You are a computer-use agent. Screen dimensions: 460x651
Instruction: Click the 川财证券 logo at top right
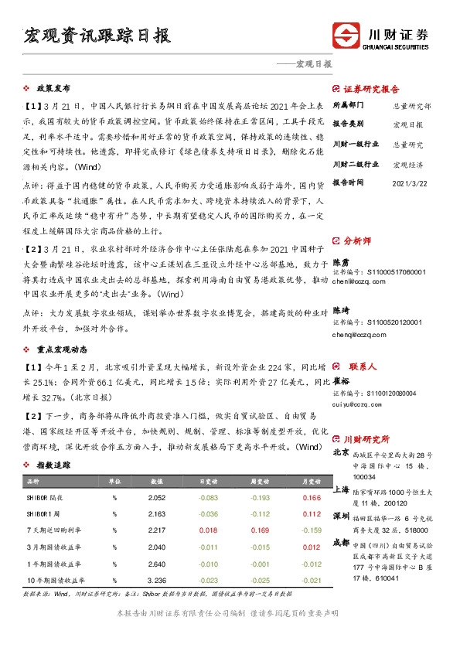[381, 36]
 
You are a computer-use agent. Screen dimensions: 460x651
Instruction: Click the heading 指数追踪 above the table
[54, 465]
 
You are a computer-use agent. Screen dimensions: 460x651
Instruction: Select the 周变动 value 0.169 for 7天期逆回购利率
[260, 530]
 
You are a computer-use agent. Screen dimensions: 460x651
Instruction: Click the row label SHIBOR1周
[44, 513]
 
